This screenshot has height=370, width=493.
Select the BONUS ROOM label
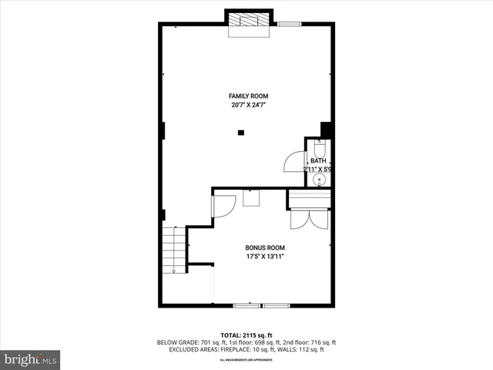coord(265,247)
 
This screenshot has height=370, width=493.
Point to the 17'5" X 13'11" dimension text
coord(265,257)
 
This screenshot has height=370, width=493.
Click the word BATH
coord(318,160)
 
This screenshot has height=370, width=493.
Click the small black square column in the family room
coord(241,133)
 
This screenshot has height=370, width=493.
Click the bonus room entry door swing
coord(223,207)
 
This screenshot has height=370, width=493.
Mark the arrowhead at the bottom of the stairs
coord(174,271)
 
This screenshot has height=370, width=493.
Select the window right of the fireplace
coord(289,25)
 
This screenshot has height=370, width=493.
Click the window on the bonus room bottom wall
coord(261,306)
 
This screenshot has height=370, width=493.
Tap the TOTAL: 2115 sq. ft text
coord(246,335)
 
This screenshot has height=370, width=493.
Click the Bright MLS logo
coord(30,359)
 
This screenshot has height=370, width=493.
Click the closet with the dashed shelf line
coord(309,200)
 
